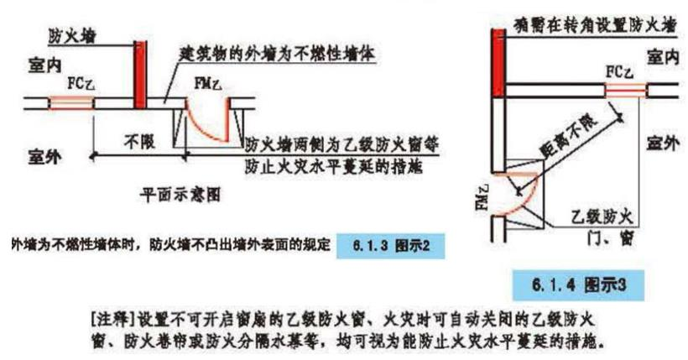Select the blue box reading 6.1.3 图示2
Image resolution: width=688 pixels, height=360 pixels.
[387, 247]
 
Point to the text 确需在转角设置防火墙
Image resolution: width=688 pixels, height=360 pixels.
[593, 24]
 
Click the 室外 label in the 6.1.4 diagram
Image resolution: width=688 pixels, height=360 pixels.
[662, 144]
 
